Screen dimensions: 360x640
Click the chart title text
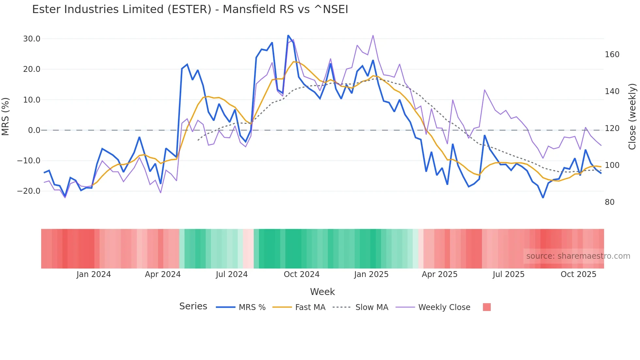[x=190, y=9]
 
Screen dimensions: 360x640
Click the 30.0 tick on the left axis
[x=32, y=39]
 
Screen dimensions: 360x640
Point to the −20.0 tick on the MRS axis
[x=29, y=191]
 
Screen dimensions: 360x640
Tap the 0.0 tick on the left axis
[x=34, y=130]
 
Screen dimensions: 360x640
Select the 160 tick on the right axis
[x=612, y=55]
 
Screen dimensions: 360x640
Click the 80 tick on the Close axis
[x=609, y=202]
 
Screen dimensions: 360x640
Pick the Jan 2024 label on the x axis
[x=94, y=274]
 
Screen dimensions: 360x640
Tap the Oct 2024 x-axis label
[x=301, y=274]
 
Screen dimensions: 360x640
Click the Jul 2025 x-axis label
[x=508, y=274]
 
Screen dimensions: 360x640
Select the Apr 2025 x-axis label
[x=440, y=274]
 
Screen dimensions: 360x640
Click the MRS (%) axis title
[x=6, y=117]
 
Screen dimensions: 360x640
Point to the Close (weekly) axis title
[x=632, y=117]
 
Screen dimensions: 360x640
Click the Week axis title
[x=322, y=292]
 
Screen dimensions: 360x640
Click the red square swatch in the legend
[x=487, y=307]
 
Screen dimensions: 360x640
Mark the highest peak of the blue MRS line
[x=288, y=36]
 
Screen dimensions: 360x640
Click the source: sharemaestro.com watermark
[x=578, y=256]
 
